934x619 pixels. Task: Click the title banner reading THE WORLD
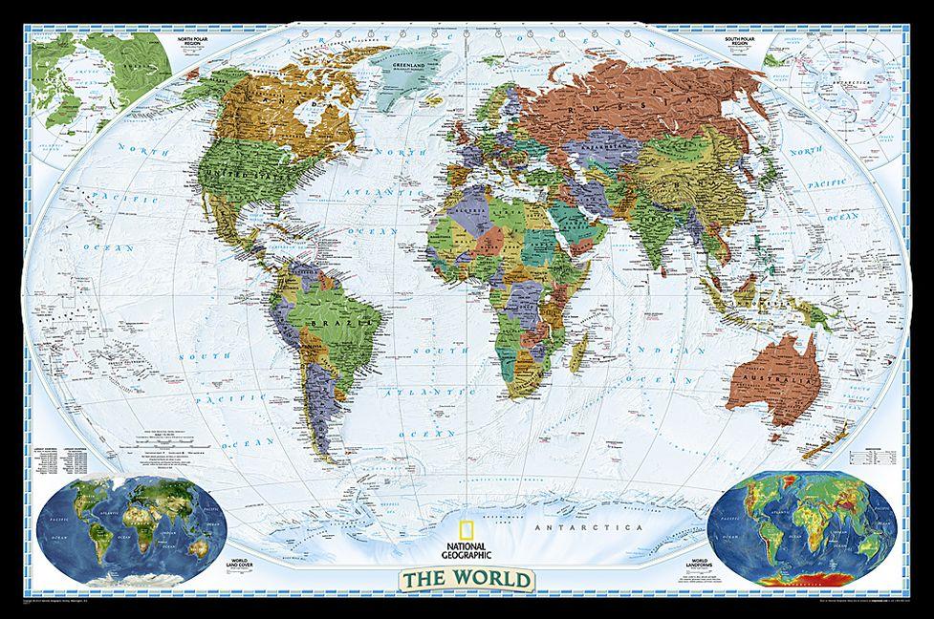coord(466,579)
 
